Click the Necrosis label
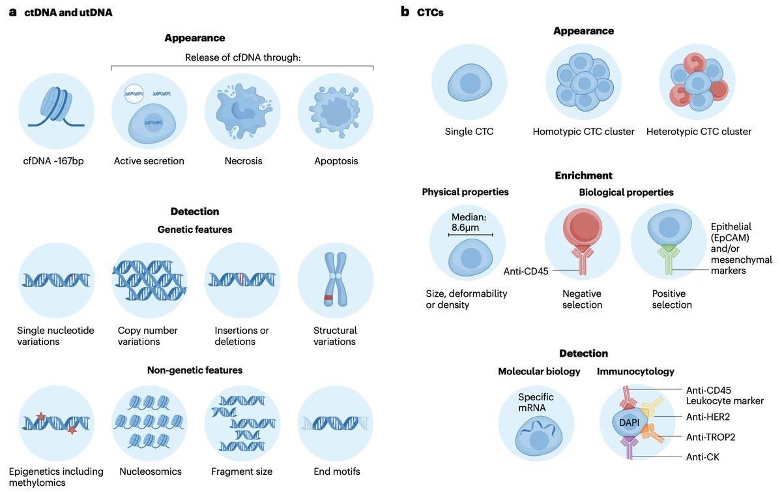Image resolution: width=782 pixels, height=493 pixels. pos(243,160)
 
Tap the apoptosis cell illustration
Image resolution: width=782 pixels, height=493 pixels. pos(335,110)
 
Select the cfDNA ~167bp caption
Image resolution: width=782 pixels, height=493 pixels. pos(53,160)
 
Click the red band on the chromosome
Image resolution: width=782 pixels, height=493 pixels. pos(328,297)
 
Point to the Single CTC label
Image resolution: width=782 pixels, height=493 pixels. pos(469,131)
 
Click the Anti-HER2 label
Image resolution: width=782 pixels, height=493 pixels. pos(708,417)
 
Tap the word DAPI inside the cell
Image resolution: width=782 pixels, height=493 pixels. pos(629,423)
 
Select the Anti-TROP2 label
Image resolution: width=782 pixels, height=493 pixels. pos(710,437)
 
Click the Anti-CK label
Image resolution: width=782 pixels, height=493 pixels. pos(702,457)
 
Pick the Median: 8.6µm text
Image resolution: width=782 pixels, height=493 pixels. pos(469,222)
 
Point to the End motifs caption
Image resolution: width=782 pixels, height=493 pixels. pos(336,471)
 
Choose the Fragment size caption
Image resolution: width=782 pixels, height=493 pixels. pos(242,471)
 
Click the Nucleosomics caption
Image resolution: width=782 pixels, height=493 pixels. pos(151,471)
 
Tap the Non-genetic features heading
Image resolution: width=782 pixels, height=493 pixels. pos(195,370)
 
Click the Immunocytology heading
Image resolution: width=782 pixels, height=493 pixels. pos(635,372)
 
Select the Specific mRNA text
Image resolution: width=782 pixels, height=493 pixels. pos(536,402)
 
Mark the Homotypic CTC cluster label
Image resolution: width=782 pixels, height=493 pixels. pos(583,131)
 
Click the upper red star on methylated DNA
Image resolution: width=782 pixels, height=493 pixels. pos(41,416)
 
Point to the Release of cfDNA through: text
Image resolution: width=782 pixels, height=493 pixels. pos(242,57)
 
